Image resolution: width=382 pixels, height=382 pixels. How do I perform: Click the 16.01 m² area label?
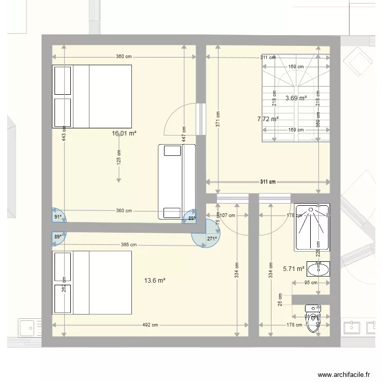click(124, 133)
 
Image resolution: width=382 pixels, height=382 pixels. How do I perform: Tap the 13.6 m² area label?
click(155, 280)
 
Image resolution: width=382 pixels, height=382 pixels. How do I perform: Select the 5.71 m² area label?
click(293, 268)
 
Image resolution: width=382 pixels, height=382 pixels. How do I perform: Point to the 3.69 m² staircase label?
click(296, 98)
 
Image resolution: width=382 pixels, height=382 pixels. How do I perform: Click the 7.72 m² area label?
click(268, 119)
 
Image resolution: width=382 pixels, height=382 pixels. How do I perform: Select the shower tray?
click(312, 227)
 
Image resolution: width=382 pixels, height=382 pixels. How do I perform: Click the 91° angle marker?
click(58, 217)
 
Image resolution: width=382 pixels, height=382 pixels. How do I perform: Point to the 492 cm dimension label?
click(150, 325)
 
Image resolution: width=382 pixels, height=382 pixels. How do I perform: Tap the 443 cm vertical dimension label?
click(64, 135)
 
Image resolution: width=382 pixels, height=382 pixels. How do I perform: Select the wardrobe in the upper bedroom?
click(177, 182)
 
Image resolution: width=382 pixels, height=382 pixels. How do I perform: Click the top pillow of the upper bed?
click(62, 80)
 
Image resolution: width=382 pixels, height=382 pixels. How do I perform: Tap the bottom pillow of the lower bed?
click(62, 298)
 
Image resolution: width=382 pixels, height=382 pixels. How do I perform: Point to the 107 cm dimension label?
click(227, 215)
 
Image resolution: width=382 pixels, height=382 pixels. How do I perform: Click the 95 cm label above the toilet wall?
click(311, 283)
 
